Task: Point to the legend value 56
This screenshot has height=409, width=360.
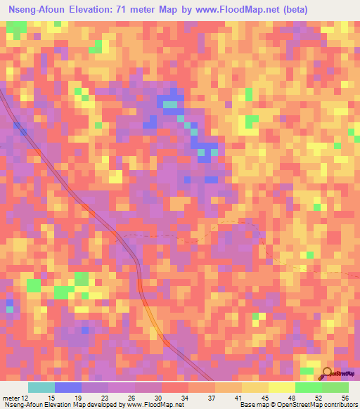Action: click(345, 398)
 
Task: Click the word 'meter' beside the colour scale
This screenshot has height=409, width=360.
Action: click(12, 398)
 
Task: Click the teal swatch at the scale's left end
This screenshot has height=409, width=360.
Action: click(41, 387)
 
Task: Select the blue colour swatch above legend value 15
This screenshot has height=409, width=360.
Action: click(67, 387)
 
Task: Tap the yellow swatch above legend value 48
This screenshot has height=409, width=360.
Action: click(281, 387)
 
